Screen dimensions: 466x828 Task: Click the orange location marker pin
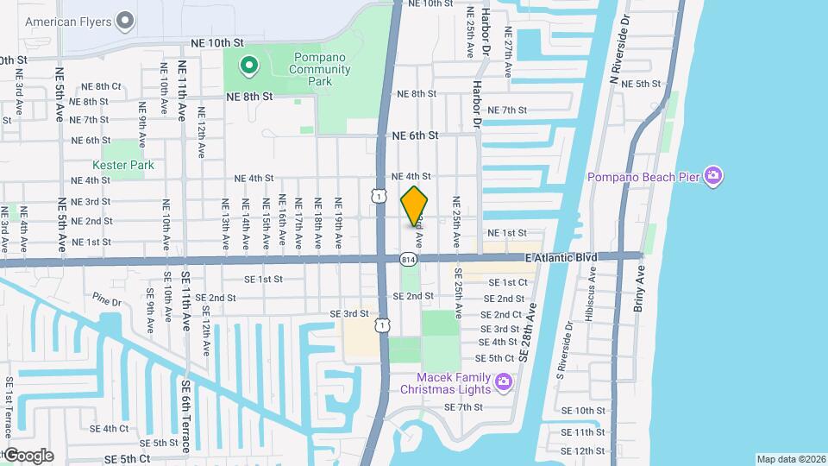415,205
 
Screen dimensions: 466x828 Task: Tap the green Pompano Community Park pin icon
248,65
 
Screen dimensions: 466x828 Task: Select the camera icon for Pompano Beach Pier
712,177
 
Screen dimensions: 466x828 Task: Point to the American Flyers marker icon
125,19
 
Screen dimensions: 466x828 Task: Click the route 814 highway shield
409,258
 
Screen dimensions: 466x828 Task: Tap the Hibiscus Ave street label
593,286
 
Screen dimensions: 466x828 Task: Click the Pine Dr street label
108,301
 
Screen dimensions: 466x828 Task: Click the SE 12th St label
583,450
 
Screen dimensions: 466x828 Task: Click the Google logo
28,455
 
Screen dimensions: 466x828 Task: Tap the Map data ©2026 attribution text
791,459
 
